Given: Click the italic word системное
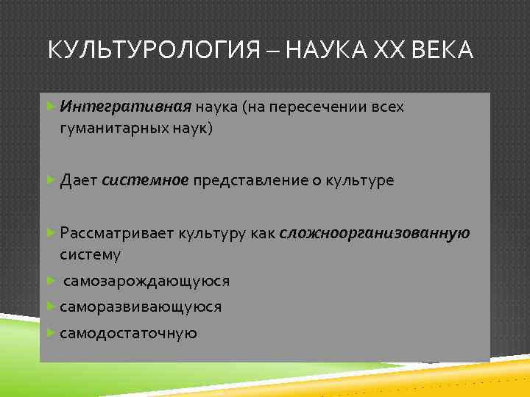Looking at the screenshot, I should [x=145, y=180].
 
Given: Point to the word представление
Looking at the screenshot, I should [x=247, y=180].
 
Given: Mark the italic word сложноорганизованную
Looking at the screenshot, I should [x=375, y=234].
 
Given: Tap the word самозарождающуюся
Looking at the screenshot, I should [x=146, y=281].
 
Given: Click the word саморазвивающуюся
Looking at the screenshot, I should [x=141, y=307].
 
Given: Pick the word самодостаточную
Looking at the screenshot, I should [x=129, y=333].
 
